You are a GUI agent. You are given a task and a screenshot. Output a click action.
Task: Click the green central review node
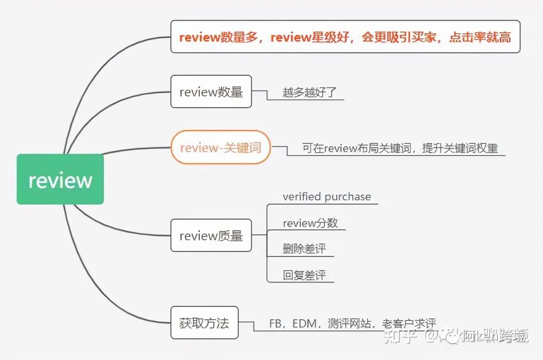(x=60, y=179)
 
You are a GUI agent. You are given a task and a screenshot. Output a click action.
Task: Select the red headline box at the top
(x=345, y=37)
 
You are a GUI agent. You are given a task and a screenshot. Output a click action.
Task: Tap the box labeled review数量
(x=211, y=92)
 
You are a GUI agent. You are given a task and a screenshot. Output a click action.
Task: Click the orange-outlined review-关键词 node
(x=220, y=148)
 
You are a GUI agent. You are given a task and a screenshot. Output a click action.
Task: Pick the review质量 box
(x=211, y=235)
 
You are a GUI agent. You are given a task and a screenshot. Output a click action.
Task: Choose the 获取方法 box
(x=204, y=322)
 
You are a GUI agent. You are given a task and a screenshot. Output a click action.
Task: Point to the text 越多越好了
(x=305, y=93)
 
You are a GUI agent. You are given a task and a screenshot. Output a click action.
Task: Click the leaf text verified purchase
(x=326, y=197)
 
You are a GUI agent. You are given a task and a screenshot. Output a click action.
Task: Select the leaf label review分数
(x=310, y=223)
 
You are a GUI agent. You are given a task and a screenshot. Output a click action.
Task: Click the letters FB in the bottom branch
(x=275, y=324)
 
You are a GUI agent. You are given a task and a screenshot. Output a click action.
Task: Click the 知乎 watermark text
(x=400, y=336)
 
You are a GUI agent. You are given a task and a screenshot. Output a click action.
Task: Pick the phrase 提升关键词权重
(x=460, y=148)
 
